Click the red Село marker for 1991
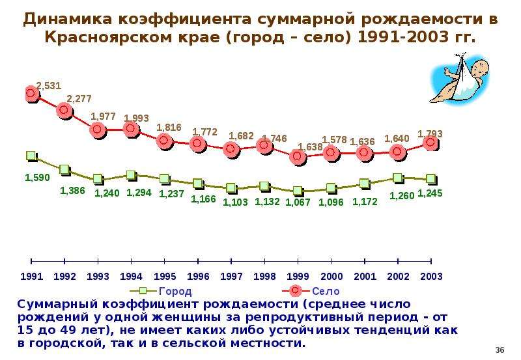[x=31, y=94]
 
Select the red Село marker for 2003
[x=431, y=143]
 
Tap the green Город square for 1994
[x=132, y=175]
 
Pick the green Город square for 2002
[x=398, y=178]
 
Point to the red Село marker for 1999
[x=298, y=156]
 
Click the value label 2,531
[x=49, y=86]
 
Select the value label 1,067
[x=298, y=202]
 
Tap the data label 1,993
[x=136, y=118]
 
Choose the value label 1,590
[x=38, y=177]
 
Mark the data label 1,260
[x=402, y=195]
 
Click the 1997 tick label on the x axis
[x=231, y=276]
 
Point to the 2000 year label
[x=331, y=276]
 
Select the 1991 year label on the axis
[x=31, y=276]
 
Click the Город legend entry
[x=161, y=291]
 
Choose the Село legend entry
[x=311, y=291]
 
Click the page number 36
[x=500, y=350]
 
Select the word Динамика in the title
[x=68, y=19]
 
